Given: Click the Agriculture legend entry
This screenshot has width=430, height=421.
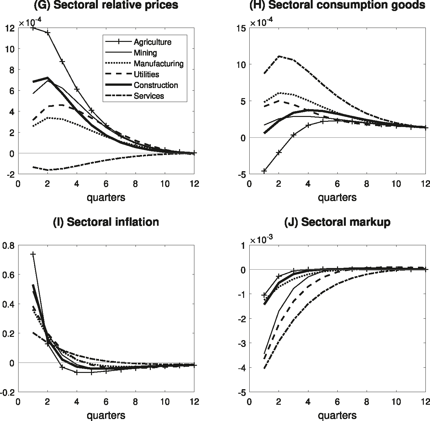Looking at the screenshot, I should tap(152, 42).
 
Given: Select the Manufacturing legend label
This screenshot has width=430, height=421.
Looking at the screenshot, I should tap(158, 63).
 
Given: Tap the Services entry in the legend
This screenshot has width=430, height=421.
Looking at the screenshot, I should tap(149, 96).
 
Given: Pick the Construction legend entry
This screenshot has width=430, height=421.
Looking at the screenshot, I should tap(156, 85).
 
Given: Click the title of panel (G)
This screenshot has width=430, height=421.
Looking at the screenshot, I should tap(106, 5).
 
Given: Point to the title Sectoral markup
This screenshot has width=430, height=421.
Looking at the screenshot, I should tap(337, 222).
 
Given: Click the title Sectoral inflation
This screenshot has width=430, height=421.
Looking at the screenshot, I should tap(106, 222).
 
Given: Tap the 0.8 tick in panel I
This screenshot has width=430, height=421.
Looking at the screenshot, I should tap(8, 246).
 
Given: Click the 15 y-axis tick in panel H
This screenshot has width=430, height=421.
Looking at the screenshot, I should tap(241, 28).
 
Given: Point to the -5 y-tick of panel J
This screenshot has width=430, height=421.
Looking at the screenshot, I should tap(241, 392).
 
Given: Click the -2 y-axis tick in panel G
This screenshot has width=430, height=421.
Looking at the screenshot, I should tap(11, 174).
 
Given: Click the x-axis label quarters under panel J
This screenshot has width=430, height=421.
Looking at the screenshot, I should tap(337, 415).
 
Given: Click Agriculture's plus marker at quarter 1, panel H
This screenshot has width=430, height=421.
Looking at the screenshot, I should tap(264, 171).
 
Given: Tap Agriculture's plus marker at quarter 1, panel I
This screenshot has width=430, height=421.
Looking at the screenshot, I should tap(33, 254).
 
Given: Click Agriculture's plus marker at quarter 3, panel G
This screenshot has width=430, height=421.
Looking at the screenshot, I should tap(62, 61).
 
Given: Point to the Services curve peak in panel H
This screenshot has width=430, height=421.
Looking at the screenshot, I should tap(279, 56).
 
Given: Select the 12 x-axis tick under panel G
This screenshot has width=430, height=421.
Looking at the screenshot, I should tap(194, 184).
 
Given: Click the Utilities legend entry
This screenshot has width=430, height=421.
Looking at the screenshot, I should tap(146, 74).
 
